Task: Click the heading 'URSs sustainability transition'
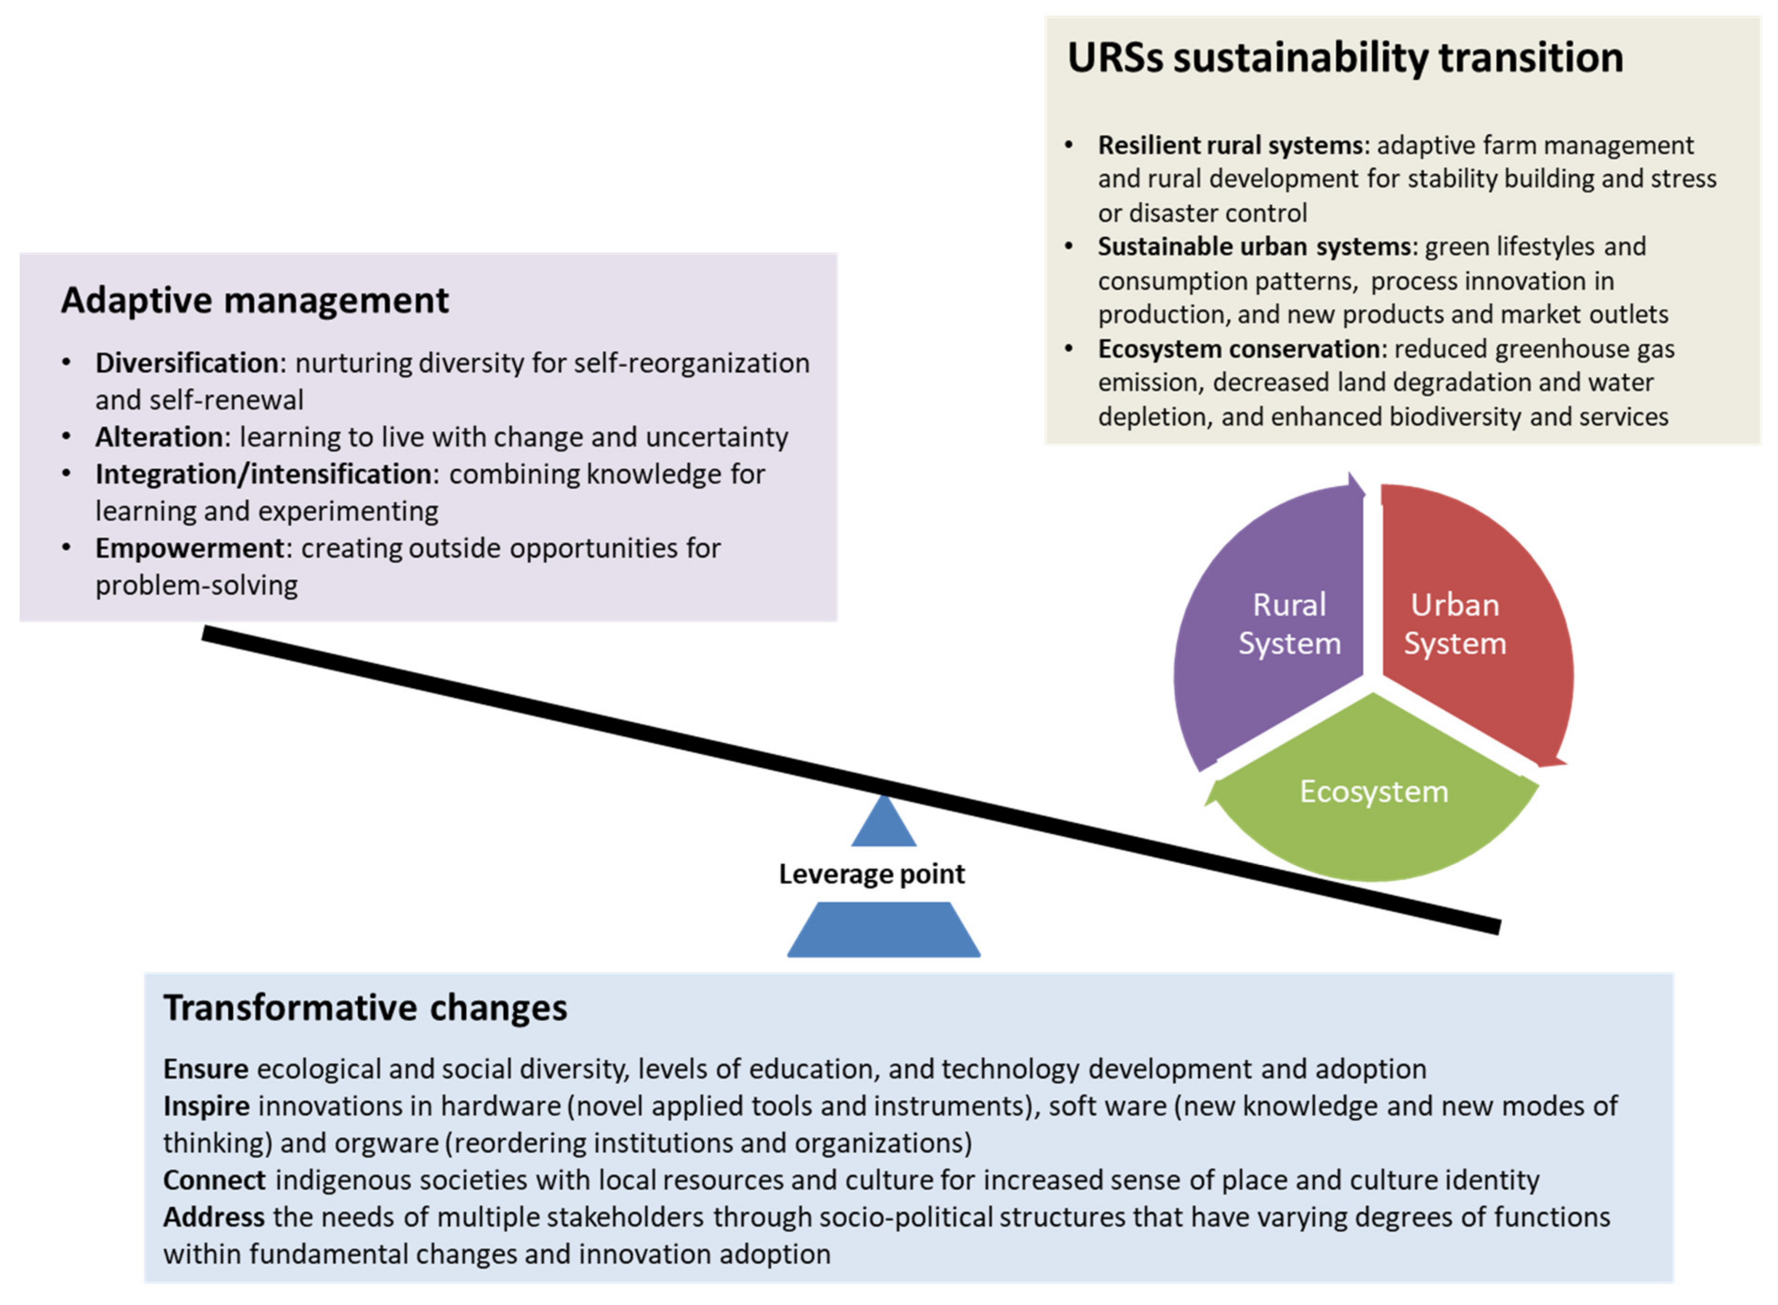1345,58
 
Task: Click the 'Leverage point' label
872,874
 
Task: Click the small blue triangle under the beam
883,825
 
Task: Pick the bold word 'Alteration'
159,437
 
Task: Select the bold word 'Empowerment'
189,548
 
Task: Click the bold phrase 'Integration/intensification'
264,474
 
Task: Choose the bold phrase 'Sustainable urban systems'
1253,246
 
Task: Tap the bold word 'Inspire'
206,1106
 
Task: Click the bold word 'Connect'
214,1180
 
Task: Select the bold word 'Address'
213,1217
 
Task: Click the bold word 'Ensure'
205,1069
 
